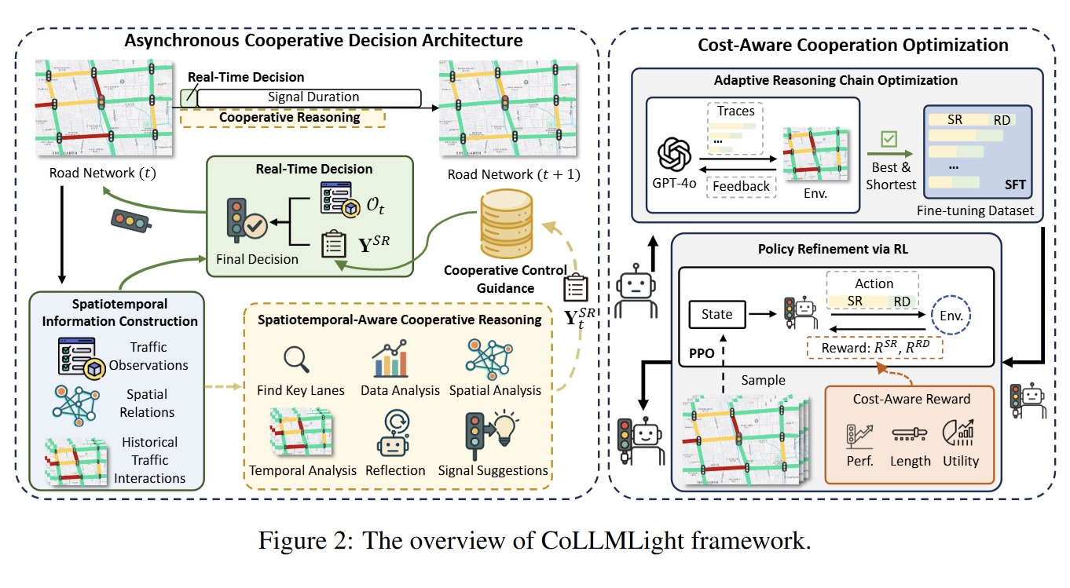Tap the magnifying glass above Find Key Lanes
point(296,359)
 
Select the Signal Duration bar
point(309,97)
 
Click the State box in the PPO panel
point(716,315)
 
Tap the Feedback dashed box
point(741,186)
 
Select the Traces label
point(736,111)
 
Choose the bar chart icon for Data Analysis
point(390,361)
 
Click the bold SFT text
point(1014,186)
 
